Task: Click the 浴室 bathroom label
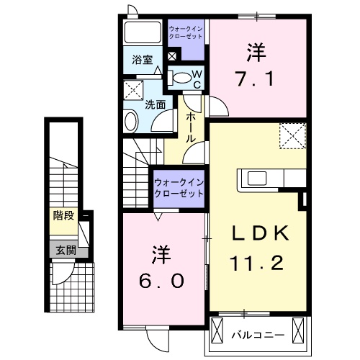pyautogui.click(x=142, y=60)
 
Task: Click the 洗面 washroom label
pyautogui.click(x=156, y=104)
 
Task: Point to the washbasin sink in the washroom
pyautogui.click(x=132, y=120)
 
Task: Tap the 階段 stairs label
pyautogui.click(x=64, y=215)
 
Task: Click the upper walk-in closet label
pyautogui.click(x=186, y=32)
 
